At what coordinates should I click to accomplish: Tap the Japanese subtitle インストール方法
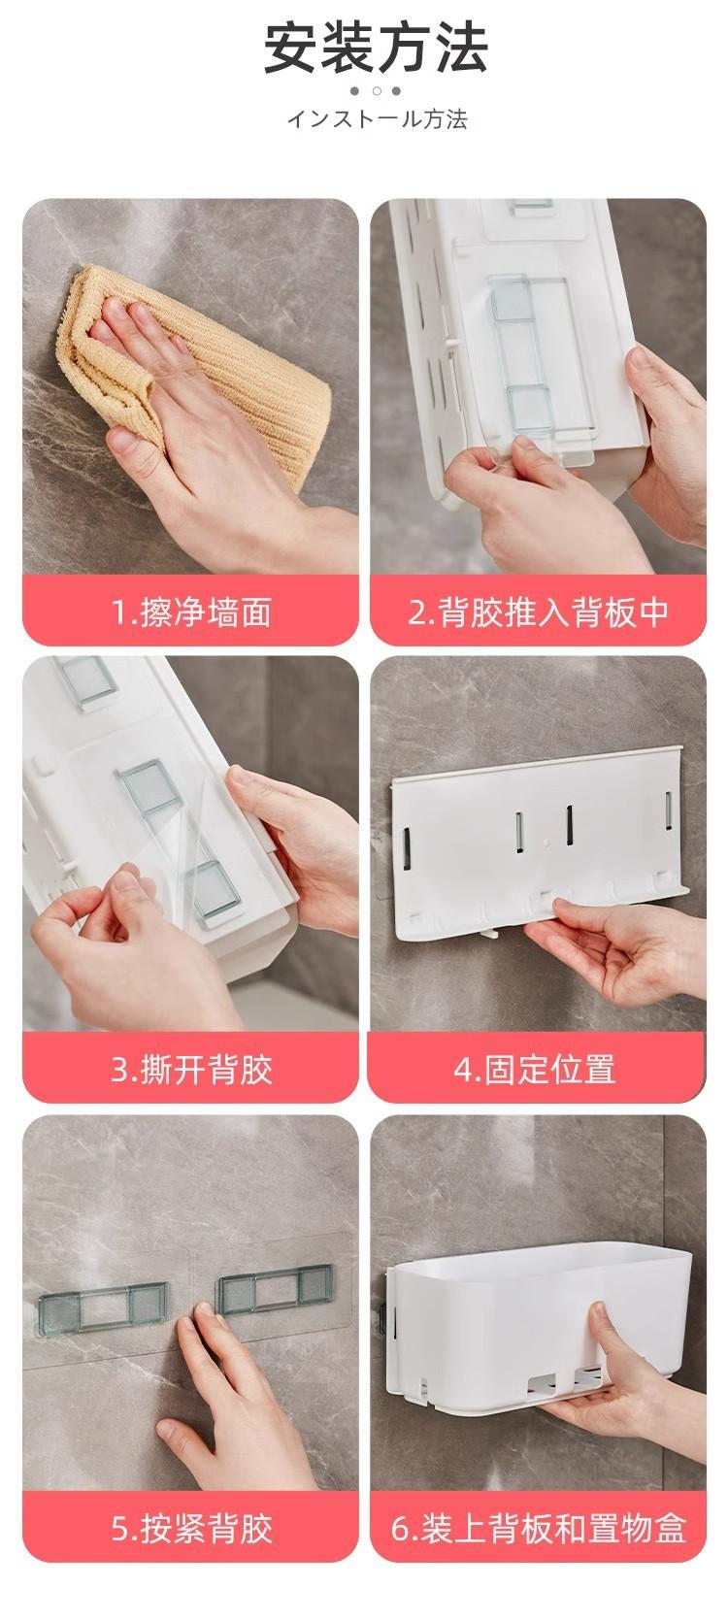point(377,119)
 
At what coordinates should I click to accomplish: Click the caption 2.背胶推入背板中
point(538,612)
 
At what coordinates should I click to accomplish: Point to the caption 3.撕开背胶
point(191,1070)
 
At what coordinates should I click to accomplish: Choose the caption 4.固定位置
point(535,1070)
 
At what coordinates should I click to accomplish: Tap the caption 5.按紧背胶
point(191,1529)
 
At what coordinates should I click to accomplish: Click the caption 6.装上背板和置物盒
point(538,1529)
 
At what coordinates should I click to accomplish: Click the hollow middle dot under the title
point(377,91)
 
